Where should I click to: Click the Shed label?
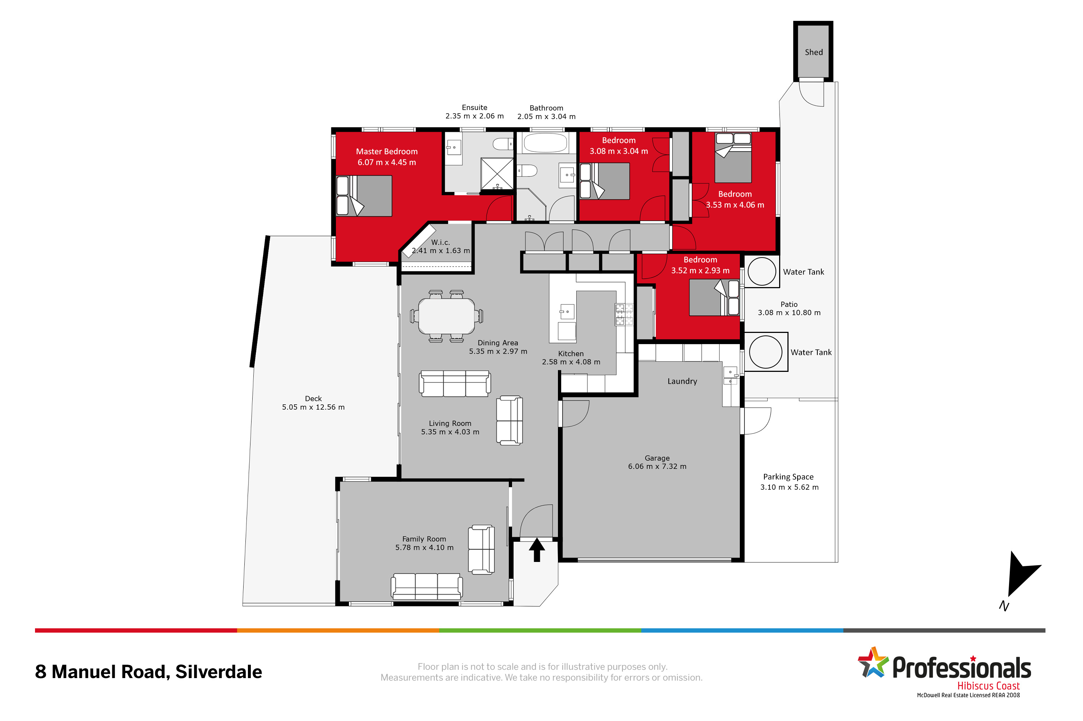tap(813, 52)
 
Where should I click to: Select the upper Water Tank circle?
tap(761, 271)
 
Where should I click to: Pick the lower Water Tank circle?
tap(765, 352)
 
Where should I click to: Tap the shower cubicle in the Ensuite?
tap(497, 173)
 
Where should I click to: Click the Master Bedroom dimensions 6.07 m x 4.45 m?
tap(387, 162)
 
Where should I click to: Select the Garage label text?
tap(656, 458)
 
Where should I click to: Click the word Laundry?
tap(682, 381)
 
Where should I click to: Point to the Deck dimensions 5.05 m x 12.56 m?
tap(313, 407)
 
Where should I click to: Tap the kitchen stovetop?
tap(624, 315)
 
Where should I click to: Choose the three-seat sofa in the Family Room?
tap(426, 586)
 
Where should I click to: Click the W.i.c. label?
tap(440, 242)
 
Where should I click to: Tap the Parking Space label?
tap(788, 477)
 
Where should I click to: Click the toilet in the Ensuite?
tap(503, 144)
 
